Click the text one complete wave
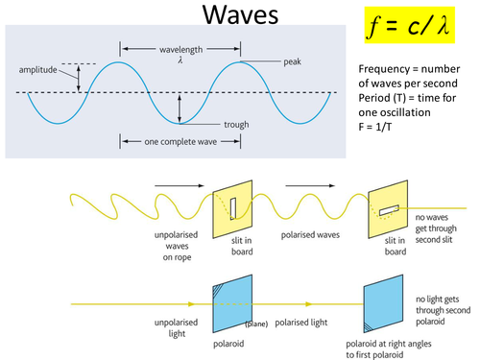(177, 141)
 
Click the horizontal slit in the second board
(388, 209)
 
